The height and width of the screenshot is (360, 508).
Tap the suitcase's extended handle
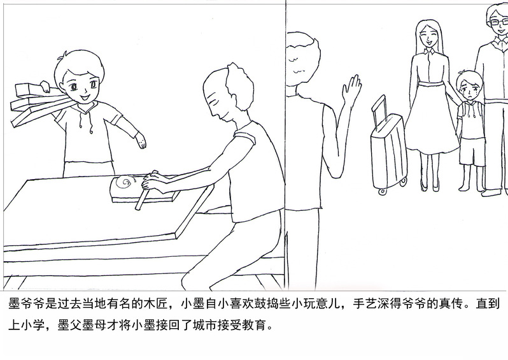[x=379, y=110]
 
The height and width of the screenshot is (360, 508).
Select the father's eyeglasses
[x=499, y=22]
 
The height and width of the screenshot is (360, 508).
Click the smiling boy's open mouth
[x=85, y=97]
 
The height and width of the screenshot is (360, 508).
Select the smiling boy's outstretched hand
[x=141, y=140]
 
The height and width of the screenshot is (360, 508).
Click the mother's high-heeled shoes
[x=430, y=186]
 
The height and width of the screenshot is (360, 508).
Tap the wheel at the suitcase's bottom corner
[x=383, y=191]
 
